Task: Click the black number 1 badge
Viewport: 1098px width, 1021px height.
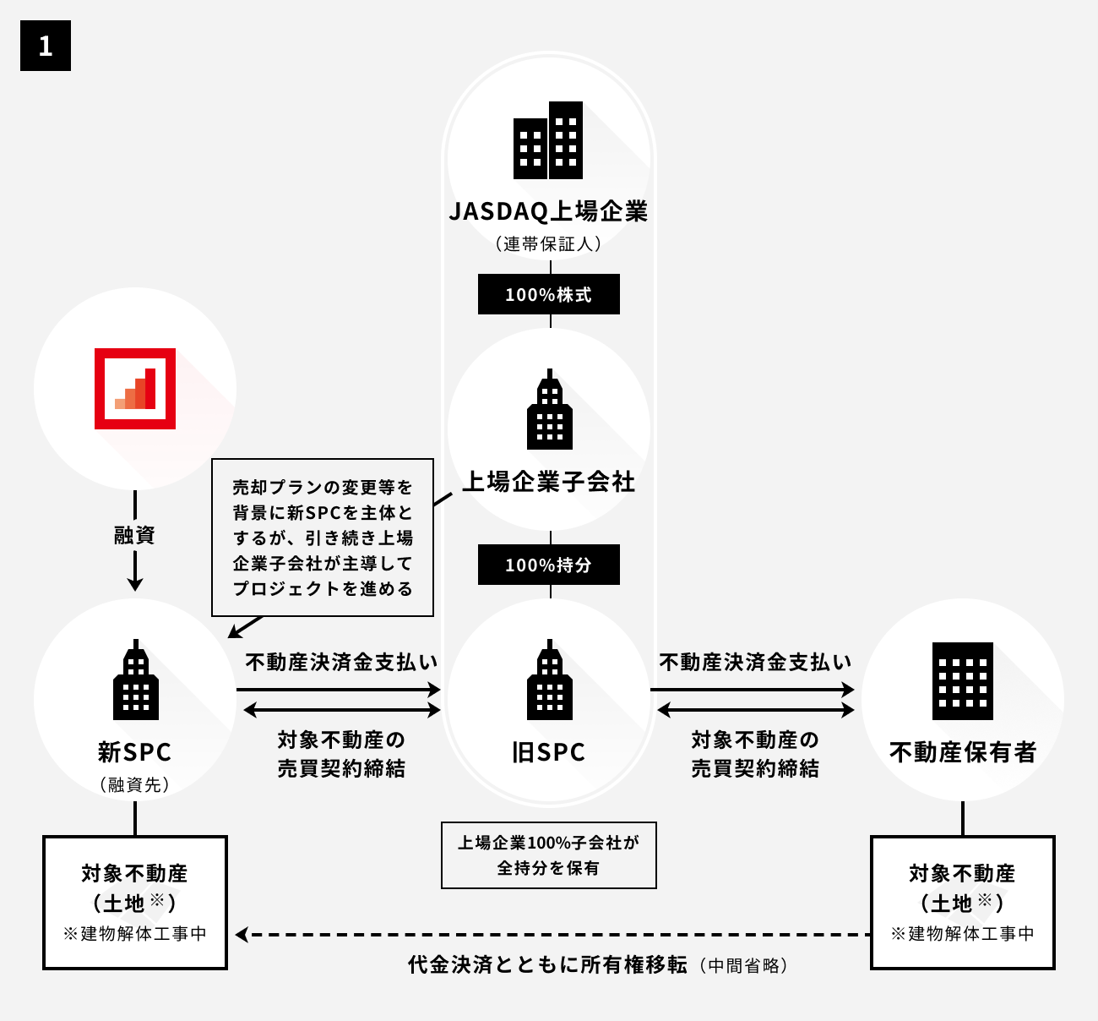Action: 46,46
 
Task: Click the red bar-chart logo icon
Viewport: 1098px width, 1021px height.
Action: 135,389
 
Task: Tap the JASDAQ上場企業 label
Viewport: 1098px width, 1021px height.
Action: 549,211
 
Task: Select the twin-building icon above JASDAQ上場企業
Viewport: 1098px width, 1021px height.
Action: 549,140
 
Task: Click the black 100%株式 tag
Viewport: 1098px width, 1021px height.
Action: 549,294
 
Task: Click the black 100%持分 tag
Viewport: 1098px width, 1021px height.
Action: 549,565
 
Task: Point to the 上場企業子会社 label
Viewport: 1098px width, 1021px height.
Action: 549,482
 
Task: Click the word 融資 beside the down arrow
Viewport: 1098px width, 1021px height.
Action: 135,535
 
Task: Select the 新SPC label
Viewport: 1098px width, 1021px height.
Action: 135,751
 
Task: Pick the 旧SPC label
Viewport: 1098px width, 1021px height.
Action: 549,751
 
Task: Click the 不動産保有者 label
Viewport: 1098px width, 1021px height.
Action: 963,751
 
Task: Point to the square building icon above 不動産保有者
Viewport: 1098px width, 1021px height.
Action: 963,680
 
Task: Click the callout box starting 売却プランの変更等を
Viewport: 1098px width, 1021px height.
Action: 323,538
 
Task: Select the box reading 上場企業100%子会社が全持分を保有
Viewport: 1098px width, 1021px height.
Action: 549,854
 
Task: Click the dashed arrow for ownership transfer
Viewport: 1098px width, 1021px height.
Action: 553,935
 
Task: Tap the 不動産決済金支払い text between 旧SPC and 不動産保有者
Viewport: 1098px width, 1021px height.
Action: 755,662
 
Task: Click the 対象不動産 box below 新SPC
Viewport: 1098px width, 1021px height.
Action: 135,902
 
